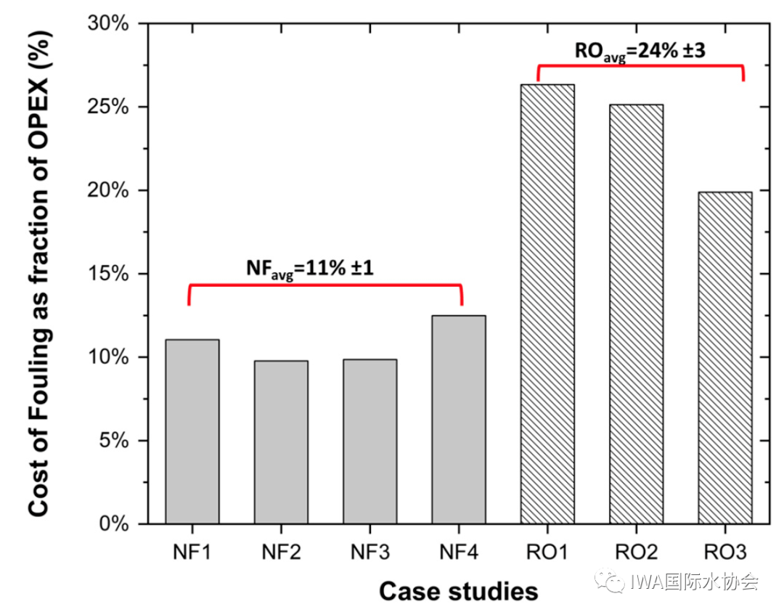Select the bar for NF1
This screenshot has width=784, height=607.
click(192, 431)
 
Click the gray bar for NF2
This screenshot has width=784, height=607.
click(281, 442)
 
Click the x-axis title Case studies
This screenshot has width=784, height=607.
click(458, 590)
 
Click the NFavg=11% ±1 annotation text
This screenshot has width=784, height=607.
click(311, 269)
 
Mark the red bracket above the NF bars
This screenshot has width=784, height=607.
click(324, 285)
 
